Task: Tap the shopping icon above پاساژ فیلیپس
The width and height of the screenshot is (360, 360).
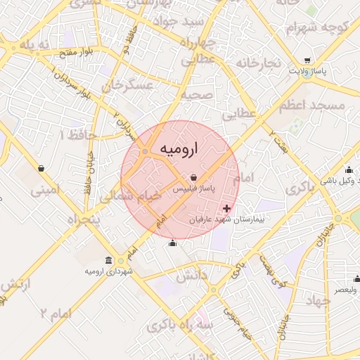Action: point(193,178)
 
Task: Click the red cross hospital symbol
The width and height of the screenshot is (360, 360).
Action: point(226,209)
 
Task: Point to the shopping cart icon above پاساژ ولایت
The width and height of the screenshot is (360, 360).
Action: point(308,60)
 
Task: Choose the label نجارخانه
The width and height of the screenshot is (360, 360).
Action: point(259,64)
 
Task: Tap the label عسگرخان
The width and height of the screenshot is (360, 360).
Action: point(127,86)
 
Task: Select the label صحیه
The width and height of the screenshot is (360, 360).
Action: point(196,95)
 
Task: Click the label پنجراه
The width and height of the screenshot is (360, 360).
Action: point(84,220)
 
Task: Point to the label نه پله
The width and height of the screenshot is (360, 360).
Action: point(36,46)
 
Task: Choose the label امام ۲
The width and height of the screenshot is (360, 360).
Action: point(56,313)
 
